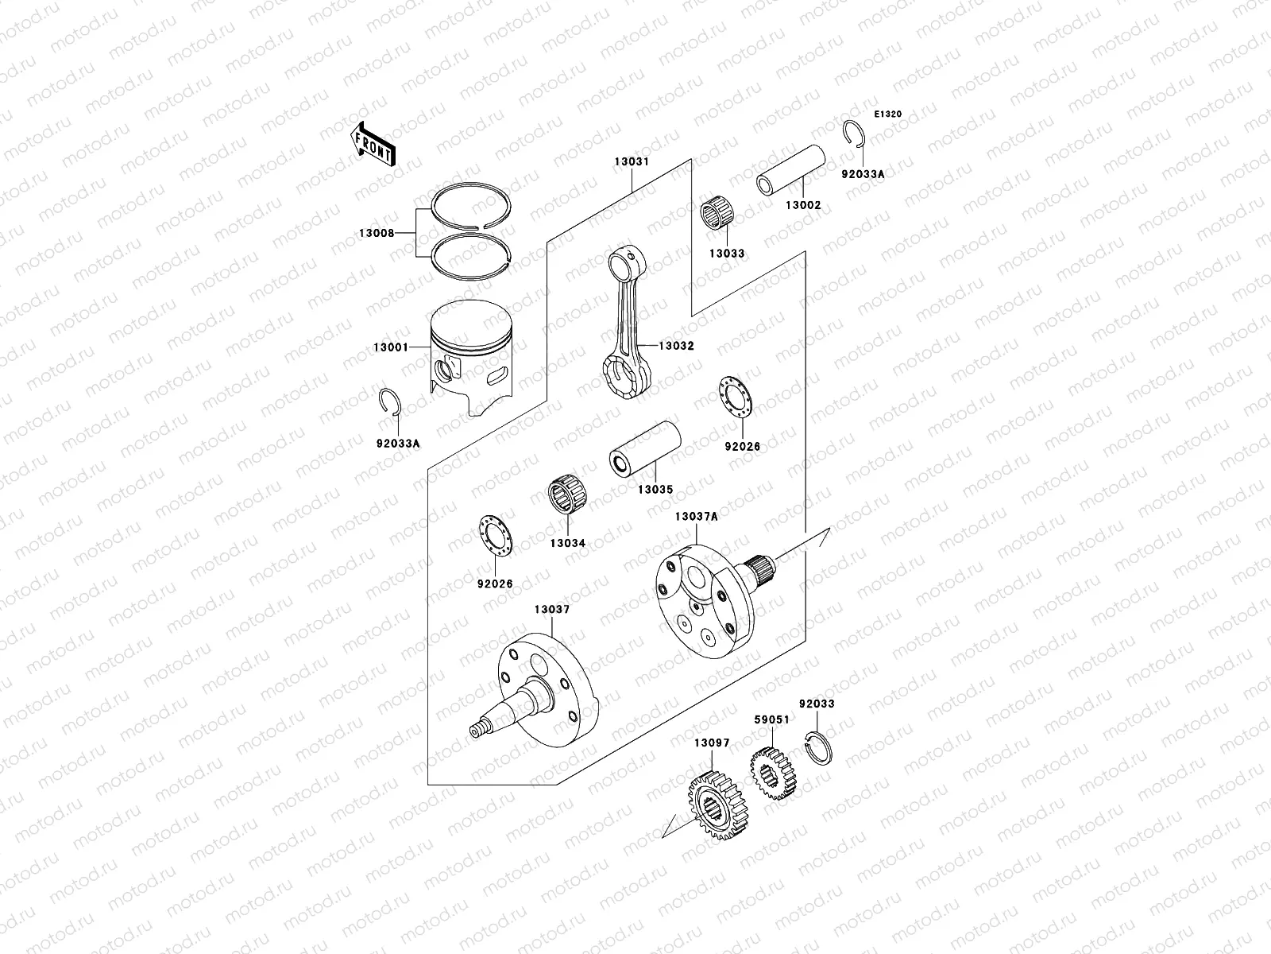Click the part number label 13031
[x=632, y=161]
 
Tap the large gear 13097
[x=717, y=806]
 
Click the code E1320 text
[x=888, y=114]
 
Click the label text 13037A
[x=697, y=516]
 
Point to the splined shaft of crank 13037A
[x=762, y=570]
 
